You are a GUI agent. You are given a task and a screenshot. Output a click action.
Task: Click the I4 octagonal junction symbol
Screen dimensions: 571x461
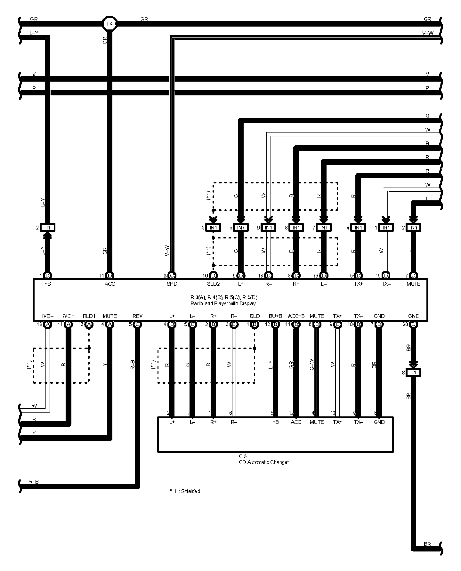[110, 24]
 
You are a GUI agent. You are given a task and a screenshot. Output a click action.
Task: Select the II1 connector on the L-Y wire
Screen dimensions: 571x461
[47, 228]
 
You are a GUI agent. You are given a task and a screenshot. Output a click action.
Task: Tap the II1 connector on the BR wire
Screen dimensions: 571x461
[413, 372]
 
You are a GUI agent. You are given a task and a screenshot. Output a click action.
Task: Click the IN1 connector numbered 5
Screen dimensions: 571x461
[214, 228]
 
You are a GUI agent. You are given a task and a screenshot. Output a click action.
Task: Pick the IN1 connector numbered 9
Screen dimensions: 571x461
[268, 228]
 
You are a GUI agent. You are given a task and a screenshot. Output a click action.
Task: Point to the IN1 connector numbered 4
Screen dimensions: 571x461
[359, 228]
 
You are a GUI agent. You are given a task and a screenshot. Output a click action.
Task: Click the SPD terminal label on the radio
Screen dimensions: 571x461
[172, 284]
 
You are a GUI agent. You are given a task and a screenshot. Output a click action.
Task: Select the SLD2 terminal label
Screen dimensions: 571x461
[213, 284]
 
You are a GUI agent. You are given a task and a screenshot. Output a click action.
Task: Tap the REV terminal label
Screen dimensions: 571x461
[137, 316]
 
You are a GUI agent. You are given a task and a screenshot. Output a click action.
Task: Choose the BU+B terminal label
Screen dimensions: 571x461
[275, 316]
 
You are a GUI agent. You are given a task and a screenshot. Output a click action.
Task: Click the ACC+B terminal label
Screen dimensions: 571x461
[296, 316]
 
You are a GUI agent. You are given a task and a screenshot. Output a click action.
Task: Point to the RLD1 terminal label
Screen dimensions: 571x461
[89, 316]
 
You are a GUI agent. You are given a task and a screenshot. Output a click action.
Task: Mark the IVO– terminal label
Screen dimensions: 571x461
[48, 316]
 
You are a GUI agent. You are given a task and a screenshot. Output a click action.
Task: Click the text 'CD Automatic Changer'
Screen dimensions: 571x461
[264, 462]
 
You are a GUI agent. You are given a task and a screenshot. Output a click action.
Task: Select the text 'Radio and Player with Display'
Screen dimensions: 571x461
[223, 303]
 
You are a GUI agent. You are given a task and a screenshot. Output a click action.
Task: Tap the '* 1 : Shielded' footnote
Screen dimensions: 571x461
[185, 491]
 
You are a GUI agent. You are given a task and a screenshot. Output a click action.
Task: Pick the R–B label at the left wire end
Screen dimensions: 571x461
[34, 481]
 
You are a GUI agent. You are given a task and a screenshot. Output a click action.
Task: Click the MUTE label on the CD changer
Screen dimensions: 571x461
[317, 422]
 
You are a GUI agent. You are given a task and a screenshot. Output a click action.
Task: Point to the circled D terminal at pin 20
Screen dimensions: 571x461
[413, 324]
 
